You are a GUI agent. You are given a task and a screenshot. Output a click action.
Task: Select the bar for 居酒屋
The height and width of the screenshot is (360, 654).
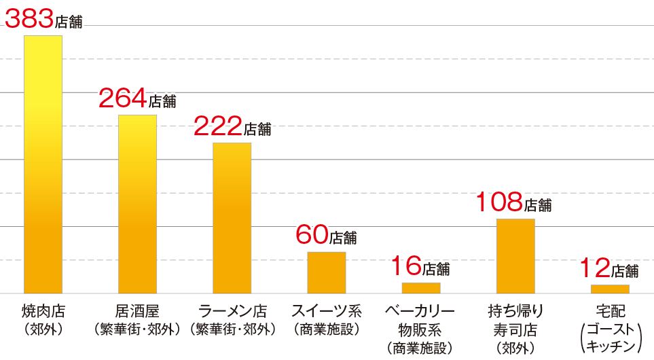click(137, 204)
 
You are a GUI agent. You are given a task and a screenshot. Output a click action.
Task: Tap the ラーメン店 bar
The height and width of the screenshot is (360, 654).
click(232, 218)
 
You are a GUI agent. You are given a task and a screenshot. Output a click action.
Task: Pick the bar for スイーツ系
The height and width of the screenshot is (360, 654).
click(326, 272)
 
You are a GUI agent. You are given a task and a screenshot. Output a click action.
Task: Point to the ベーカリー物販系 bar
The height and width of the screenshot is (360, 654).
click(421, 288)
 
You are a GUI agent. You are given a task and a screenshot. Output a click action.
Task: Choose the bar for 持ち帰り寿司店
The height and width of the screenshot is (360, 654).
click(515, 256)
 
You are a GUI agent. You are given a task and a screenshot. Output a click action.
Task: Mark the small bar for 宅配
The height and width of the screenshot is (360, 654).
click(610, 289)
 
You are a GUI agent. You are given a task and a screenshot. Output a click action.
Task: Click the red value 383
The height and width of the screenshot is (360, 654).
click(29, 19)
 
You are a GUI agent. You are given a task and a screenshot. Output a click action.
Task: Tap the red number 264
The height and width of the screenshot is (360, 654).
click(123, 99)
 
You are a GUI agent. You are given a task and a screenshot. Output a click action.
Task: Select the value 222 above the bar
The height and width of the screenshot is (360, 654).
click(218, 126)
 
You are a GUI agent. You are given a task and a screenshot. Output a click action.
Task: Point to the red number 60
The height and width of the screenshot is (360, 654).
click(312, 235)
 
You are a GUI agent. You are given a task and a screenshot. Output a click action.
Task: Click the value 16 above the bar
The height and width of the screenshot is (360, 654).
click(406, 267)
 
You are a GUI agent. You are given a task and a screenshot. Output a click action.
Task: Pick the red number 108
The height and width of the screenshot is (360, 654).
click(498, 202)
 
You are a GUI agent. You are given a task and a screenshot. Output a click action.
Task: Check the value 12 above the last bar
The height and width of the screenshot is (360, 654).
click(595, 268)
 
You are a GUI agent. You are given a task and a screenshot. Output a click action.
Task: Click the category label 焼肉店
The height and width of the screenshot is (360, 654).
click(43, 312)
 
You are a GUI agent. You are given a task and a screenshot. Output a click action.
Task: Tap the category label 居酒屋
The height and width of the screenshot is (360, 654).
click(137, 312)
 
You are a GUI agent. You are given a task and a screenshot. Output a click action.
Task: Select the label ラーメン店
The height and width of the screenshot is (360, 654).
click(232, 312)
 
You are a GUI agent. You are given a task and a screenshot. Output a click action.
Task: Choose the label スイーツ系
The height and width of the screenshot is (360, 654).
click(327, 312)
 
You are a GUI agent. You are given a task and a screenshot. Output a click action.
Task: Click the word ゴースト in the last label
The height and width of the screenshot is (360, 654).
click(610, 331)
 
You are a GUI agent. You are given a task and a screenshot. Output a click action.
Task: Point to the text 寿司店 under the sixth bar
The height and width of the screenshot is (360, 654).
click(515, 331)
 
